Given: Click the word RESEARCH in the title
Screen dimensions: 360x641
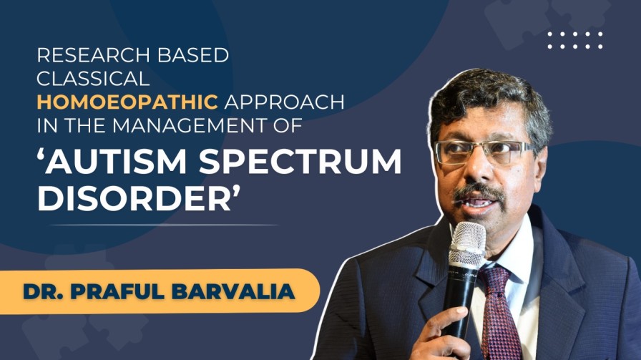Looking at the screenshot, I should point(84,56).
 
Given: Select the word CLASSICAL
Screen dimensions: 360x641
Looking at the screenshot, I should point(93,79).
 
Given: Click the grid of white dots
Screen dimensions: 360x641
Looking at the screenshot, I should point(575,40).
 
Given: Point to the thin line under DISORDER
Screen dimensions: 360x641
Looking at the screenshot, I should point(157,225).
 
